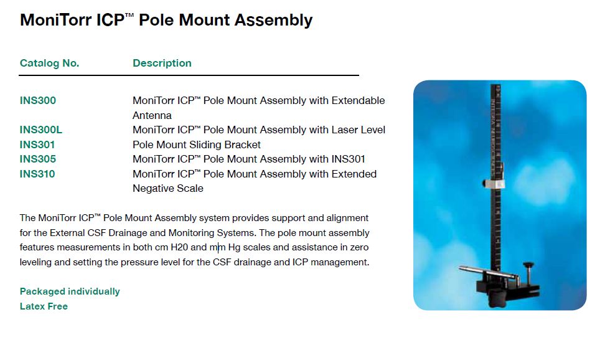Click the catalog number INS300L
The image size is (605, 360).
[x=41, y=130]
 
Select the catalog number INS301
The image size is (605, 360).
[x=37, y=144]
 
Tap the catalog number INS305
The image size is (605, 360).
[x=38, y=159]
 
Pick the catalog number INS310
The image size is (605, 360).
[x=37, y=174]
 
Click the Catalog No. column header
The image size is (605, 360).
[x=49, y=63]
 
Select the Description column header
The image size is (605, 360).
[x=162, y=63]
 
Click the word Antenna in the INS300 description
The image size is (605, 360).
[x=152, y=115]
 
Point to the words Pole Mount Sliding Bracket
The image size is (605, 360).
[x=197, y=144]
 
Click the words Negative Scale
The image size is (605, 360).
[x=168, y=189]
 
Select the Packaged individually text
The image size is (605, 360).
[x=70, y=291]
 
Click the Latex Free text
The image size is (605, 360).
[x=44, y=306]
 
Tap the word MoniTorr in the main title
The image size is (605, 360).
[x=56, y=20]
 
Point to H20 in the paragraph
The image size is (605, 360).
[x=179, y=247]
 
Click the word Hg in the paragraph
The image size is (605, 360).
[x=234, y=248]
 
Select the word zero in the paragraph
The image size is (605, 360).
[x=359, y=247]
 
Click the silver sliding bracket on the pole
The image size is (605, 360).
[x=494, y=183]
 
